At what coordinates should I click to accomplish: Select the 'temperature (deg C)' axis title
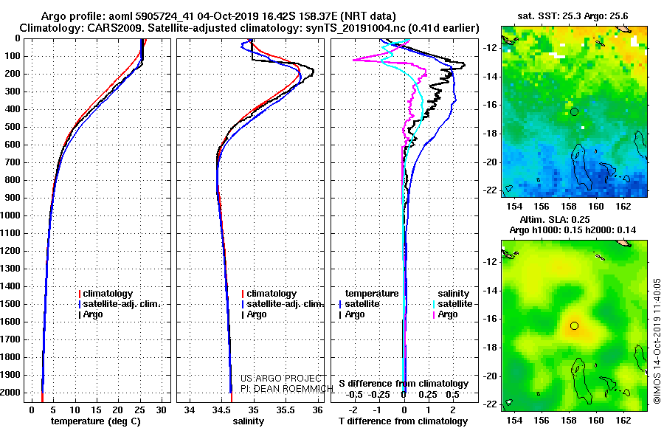96,421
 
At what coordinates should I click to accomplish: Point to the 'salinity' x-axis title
249,421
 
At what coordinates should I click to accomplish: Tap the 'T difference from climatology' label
403,421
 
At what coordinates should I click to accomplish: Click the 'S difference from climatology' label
404,384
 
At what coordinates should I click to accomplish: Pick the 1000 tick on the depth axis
10,215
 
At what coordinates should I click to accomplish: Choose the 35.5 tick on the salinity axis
286,410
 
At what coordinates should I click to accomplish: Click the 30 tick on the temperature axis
162,410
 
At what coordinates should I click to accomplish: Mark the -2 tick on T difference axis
353,410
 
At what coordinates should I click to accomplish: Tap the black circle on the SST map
574,112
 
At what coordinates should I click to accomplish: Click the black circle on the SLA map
574,325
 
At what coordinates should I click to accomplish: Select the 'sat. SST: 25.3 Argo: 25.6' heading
573,16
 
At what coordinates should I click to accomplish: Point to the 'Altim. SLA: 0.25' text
555,219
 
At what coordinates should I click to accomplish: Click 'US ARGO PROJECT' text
281,379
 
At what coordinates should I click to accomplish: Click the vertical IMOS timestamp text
657,341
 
